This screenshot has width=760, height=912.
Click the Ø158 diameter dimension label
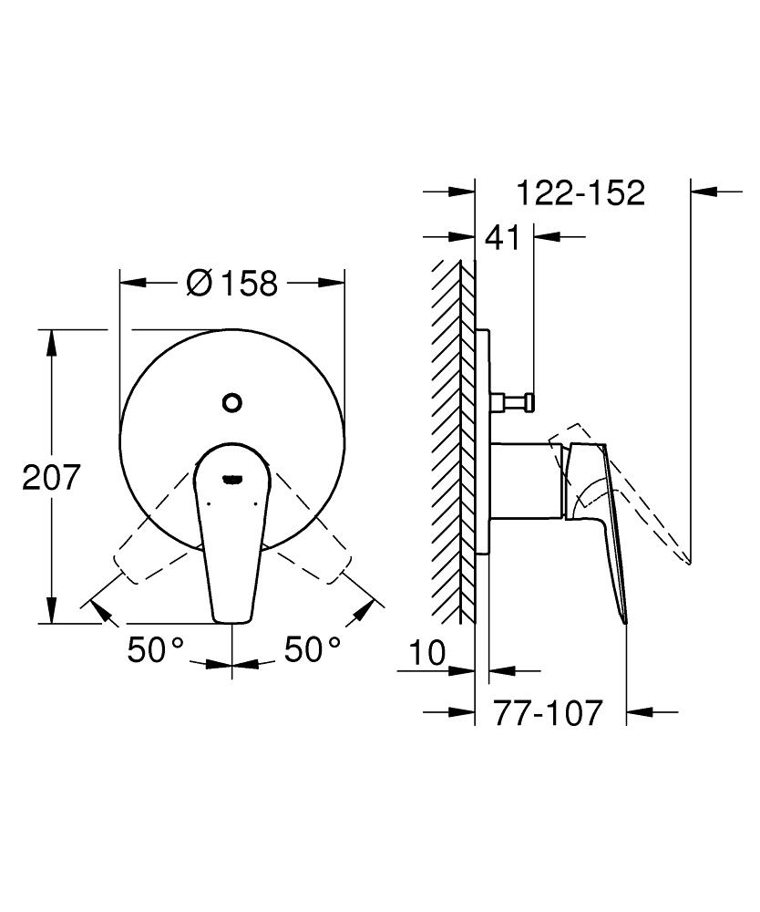point(231,283)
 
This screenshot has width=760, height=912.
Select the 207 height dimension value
point(52,477)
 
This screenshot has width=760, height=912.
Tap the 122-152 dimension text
point(580,192)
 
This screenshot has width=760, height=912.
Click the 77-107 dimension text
point(549,712)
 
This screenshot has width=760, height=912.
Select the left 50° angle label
point(155,650)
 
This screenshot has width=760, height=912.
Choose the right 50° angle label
point(313,650)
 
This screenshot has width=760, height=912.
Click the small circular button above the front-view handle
point(232,401)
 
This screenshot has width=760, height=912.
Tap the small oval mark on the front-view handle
point(232,476)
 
